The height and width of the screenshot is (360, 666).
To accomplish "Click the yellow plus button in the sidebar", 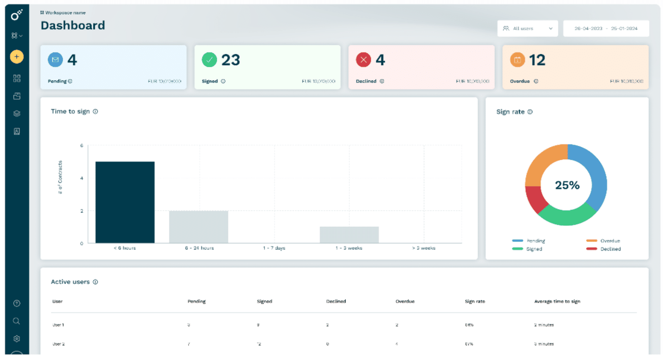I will (17, 57).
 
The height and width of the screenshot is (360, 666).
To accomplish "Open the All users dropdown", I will (527, 29).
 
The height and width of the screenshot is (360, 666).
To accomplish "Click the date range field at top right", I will (606, 29).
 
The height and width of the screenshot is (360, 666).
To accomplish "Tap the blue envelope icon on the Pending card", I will (55, 60).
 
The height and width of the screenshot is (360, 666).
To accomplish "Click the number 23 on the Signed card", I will (231, 60).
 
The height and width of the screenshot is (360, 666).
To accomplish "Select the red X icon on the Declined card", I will (363, 60).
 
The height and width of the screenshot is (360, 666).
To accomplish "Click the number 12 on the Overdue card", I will (537, 60).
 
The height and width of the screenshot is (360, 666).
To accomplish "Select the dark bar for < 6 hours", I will (125, 202).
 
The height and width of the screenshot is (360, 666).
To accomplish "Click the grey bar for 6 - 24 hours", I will (199, 226).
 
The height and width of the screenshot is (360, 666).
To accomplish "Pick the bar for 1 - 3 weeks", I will (349, 235).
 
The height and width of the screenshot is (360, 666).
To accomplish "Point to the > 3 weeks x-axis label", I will (424, 248).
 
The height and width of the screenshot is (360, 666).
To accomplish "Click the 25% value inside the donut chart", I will (567, 185).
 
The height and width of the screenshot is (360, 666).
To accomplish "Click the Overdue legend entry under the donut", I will (610, 241).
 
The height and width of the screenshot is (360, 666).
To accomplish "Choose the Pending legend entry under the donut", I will (535, 241).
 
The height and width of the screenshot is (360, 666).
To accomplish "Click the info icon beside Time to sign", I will (95, 112).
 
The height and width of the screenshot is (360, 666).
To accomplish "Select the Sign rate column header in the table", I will (475, 301).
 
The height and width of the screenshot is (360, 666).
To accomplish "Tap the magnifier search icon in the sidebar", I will (17, 321).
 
